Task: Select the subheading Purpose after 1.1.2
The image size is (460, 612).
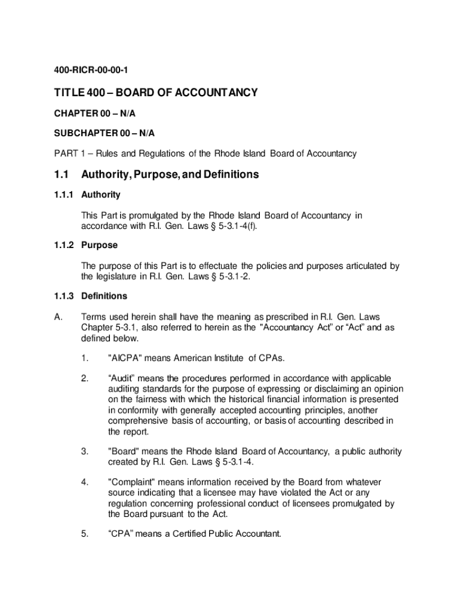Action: pos(99,245)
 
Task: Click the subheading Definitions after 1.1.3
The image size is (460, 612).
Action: pos(104,296)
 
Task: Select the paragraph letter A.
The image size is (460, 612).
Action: pos(59,316)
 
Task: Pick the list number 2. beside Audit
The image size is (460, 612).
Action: pos(85,378)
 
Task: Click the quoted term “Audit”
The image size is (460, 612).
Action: pos(121,378)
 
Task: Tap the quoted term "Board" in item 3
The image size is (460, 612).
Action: pos(124,451)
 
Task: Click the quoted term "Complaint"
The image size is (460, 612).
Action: pos(133,482)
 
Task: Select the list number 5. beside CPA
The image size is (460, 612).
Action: pos(85,534)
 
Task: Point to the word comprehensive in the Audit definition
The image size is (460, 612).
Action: pos(137,421)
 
